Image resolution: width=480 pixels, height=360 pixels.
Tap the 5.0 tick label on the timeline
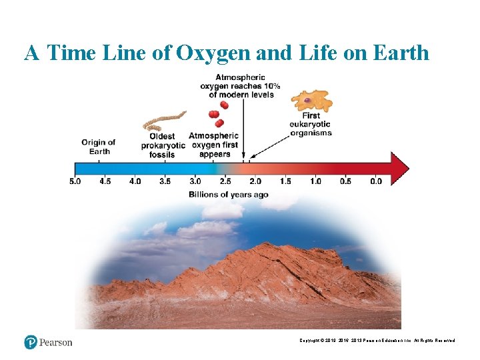tap(75, 181)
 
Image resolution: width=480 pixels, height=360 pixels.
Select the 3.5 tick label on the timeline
tap(165, 181)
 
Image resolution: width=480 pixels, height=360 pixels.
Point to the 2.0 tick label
tap(255, 181)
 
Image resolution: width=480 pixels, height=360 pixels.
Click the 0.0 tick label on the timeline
tap(376, 181)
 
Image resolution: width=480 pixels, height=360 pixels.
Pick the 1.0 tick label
tap(315, 181)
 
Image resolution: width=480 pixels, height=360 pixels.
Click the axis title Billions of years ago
tap(229, 195)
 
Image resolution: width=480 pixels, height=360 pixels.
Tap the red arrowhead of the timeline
tap(400, 168)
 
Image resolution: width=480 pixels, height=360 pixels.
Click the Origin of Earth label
tap(99, 147)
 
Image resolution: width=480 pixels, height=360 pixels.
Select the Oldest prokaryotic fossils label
tap(162, 145)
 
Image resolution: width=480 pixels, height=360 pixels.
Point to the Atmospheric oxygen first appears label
tap(213, 145)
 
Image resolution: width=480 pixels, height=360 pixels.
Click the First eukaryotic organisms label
tap(311, 124)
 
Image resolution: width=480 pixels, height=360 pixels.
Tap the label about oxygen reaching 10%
tap(241, 86)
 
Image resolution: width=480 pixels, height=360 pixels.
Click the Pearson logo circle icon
tap(31, 342)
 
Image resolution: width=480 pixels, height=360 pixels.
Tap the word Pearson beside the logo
tap(55, 343)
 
